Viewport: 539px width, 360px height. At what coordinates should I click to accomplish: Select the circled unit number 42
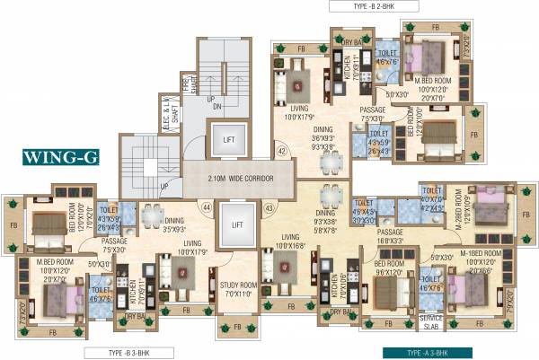(281, 152)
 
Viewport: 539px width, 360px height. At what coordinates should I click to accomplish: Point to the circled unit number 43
(268, 209)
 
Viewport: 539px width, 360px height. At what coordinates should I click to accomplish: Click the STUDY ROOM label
(238, 288)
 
